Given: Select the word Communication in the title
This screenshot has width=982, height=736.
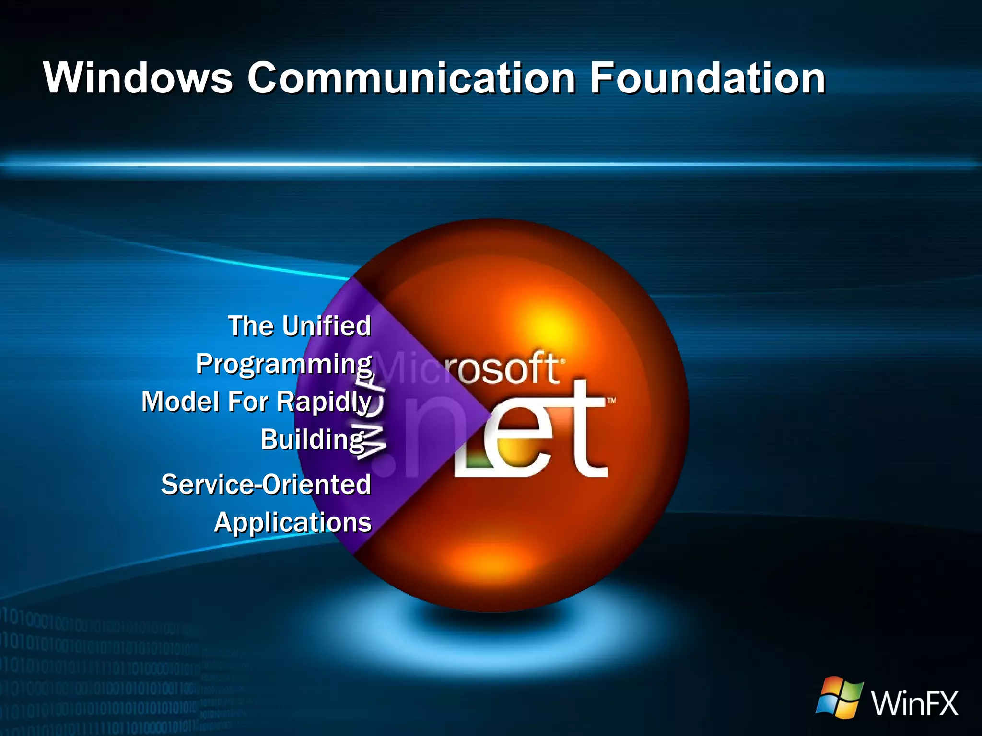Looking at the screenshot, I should [411, 78].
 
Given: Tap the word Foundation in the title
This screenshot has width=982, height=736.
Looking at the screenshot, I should [707, 78].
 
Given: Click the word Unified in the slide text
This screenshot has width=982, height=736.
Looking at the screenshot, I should [326, 326].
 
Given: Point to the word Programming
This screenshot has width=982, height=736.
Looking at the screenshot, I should [284, 364].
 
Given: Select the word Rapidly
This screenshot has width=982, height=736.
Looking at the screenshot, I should [324, 402].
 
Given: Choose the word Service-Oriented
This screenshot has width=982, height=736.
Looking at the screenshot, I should [266, 484].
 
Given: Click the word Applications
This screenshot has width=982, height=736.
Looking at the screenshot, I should [292, 522].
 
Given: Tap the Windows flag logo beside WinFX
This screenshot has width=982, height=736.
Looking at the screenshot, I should [840, 697].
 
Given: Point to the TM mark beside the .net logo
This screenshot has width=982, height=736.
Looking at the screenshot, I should [611, 401].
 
